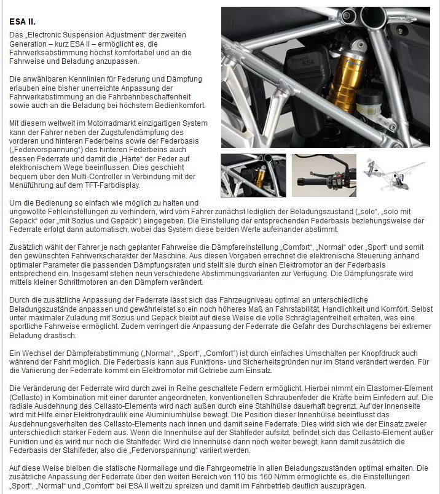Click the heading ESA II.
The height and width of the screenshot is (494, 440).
click(22, 22)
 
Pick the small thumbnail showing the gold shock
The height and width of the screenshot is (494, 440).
click(253, 175)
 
